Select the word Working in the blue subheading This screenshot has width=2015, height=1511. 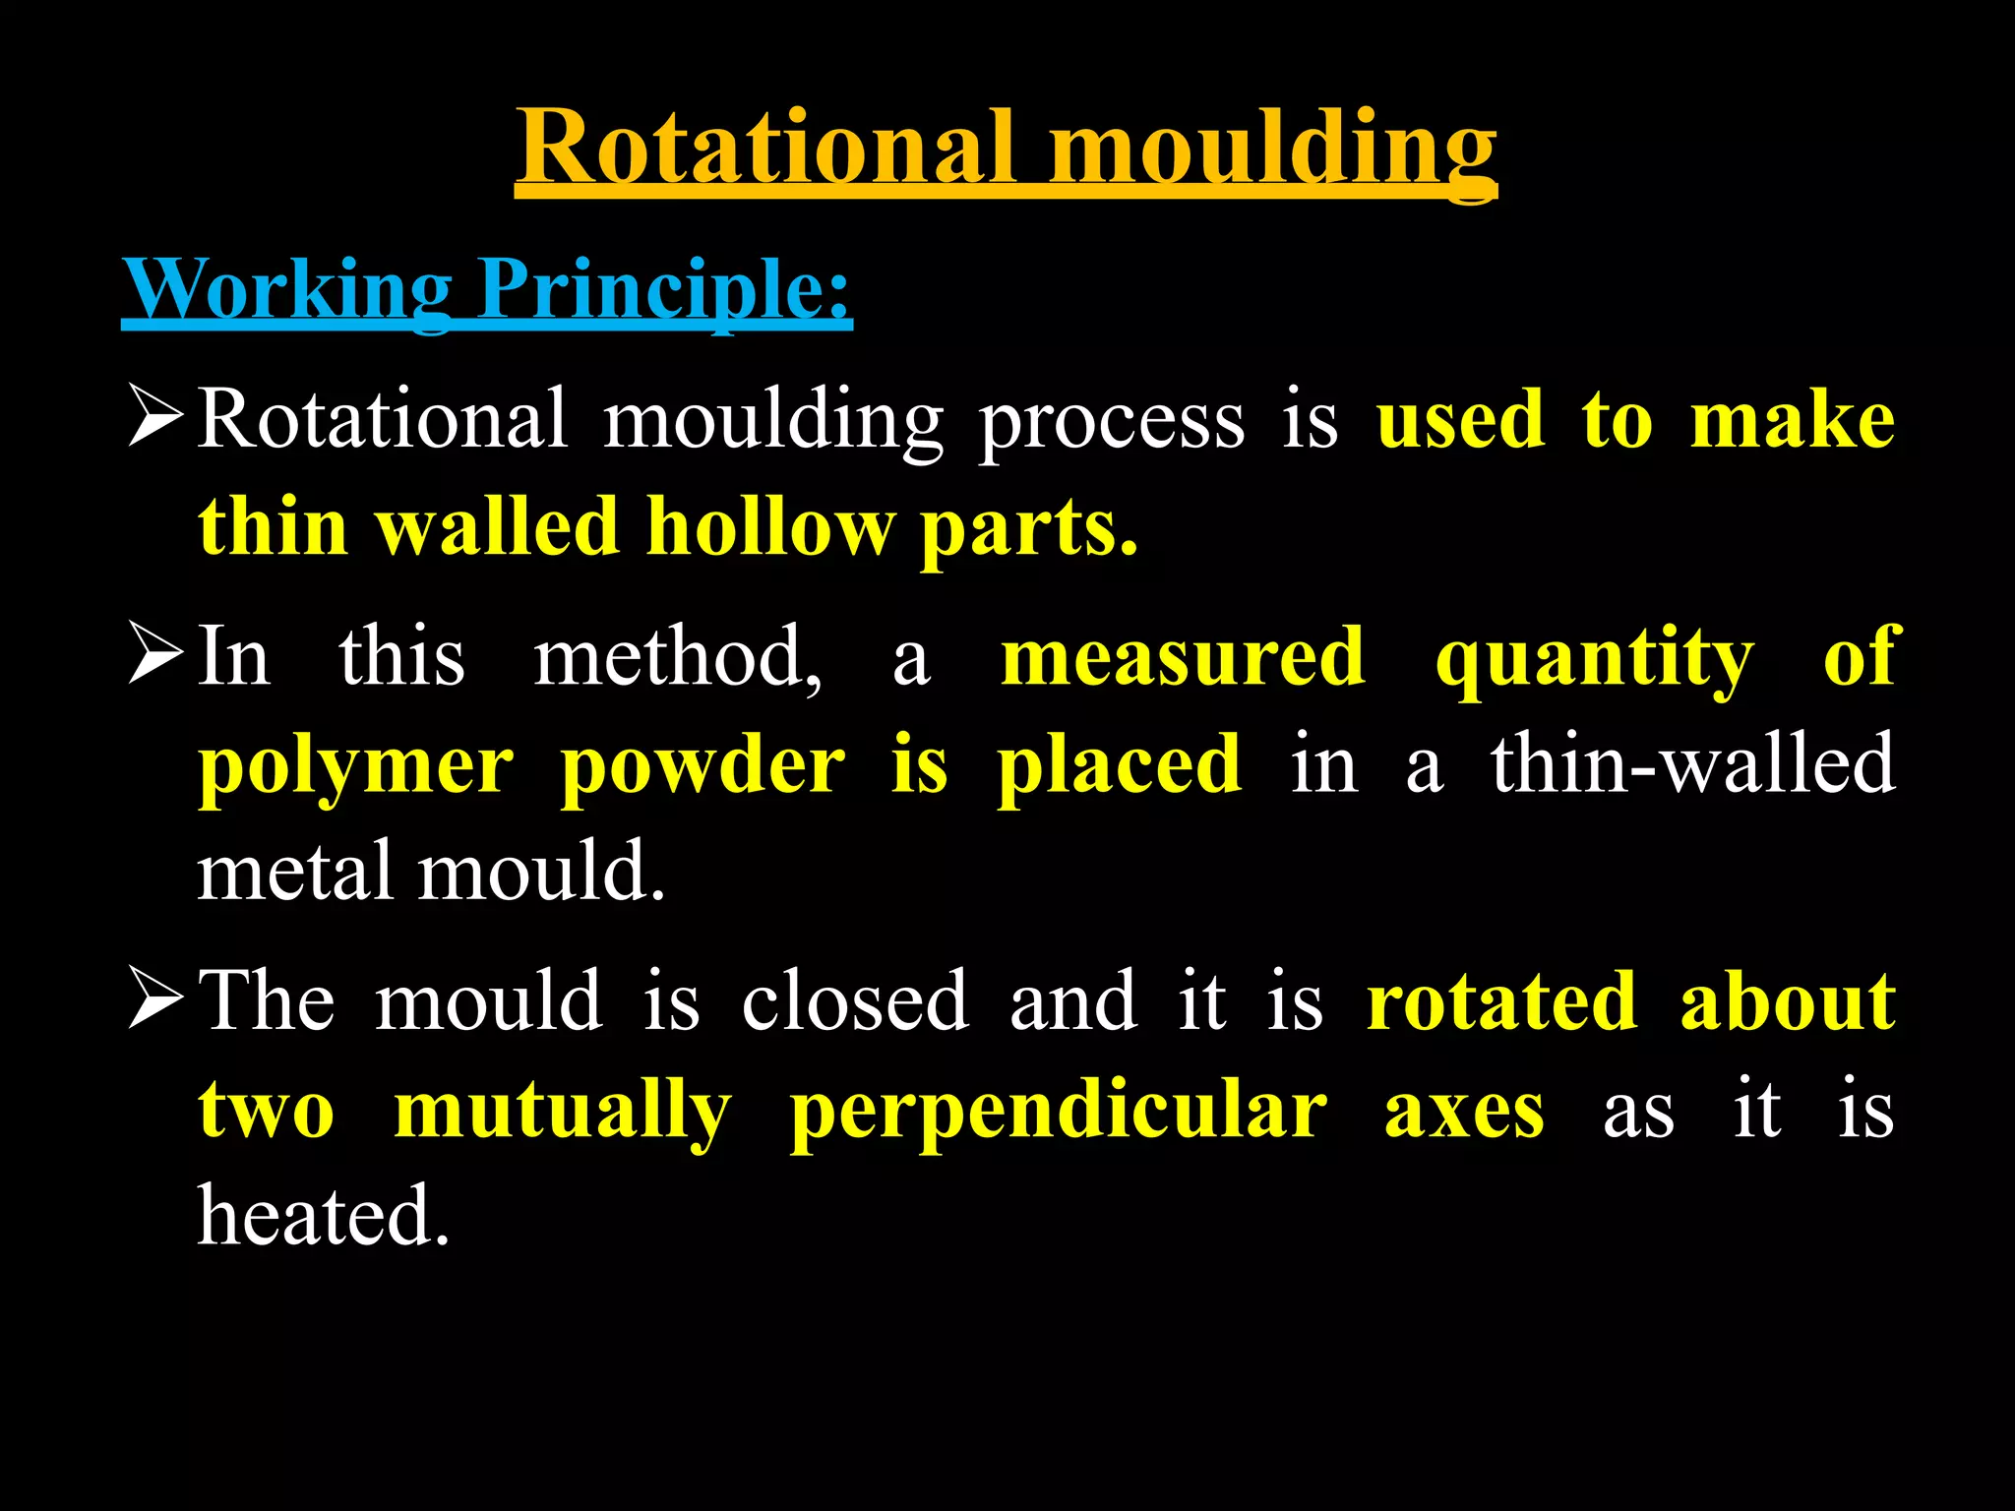287,288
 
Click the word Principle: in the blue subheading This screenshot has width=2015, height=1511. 664,290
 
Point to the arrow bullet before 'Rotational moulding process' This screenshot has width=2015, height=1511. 155,417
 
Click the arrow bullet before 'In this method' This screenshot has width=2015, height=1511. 155,655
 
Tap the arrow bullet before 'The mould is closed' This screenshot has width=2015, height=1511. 155,999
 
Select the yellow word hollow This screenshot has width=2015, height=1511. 769,527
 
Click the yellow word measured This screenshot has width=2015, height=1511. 1183,657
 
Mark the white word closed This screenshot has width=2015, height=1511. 854,1001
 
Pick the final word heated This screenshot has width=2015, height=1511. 323,1216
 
